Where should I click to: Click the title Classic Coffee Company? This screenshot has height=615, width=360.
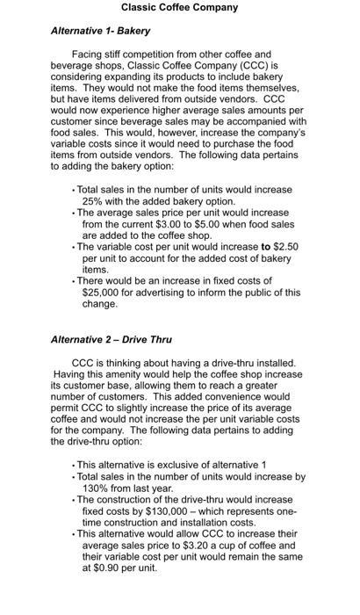[x=179, y=8]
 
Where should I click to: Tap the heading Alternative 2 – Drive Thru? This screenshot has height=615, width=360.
[x=111, y=339]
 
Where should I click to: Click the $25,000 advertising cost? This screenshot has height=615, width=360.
[x=103, y=293]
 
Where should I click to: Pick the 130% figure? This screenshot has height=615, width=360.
[x=96, y=488]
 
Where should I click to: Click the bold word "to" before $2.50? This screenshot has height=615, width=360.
[x=265, y=248]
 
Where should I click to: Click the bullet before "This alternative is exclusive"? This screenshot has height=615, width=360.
[x=74, y=465]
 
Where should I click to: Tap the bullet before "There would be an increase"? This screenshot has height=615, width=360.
[x=74, y=282]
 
